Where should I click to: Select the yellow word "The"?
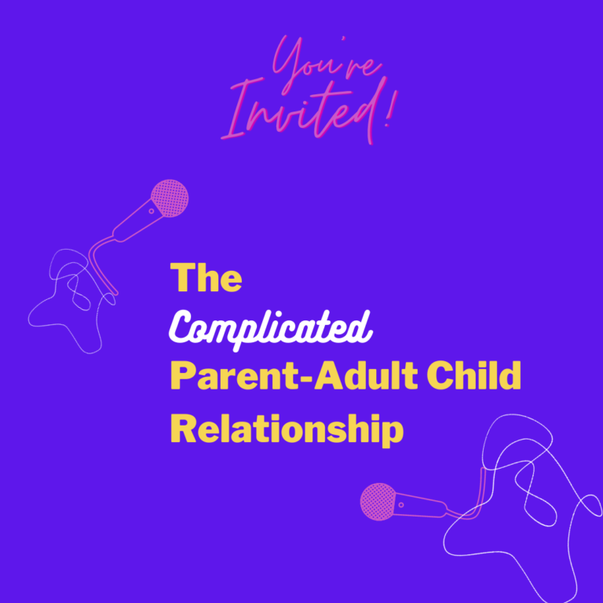click(206, 278)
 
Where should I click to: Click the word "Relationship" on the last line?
click(287, 429)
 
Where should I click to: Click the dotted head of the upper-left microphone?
click(170, 198)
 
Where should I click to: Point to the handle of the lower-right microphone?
click(420, 502)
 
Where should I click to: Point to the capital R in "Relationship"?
click(183, 429)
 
